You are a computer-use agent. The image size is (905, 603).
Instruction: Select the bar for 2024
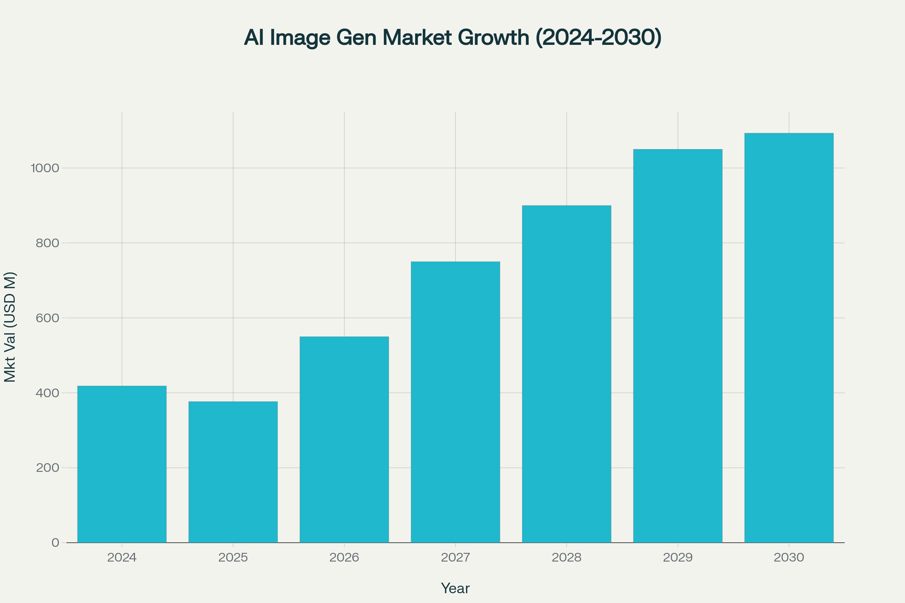point(121,464)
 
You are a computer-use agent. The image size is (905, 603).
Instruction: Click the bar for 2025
point(233,472)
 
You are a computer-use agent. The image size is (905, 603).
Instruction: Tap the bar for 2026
point(344,439)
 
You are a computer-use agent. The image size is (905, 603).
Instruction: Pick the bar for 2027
point(455,402)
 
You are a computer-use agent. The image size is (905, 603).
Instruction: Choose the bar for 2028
point(566,374)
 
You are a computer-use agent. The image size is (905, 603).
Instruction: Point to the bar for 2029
point(678,346)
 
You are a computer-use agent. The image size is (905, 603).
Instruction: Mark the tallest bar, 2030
point(789,338)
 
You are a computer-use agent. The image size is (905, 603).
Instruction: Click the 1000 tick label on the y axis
point(45,168)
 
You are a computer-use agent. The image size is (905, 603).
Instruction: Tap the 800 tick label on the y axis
point(48,243)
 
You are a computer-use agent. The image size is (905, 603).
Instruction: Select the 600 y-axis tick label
point(48,318)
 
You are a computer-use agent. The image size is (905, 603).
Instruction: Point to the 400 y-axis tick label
point(48,393)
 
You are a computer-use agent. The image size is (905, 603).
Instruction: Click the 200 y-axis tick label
point(48,468)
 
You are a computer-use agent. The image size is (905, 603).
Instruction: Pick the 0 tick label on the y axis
point(55,543)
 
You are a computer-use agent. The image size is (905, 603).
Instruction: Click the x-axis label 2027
point(455,558)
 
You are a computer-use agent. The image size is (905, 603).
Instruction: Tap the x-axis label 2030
point(789,558)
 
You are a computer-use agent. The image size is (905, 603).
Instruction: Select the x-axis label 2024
point(121,558)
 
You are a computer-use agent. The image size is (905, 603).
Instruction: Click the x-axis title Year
point(455,589)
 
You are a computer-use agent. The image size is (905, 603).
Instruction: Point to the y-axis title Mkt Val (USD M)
point(10,327)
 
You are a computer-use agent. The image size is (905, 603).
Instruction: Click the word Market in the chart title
point(417,38)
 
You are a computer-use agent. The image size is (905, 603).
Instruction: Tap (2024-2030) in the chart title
point(598,38)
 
